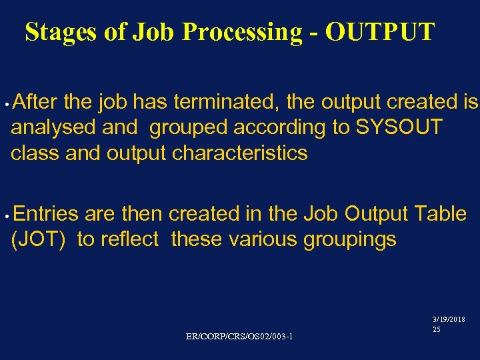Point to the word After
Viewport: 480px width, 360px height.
tap(37, 102)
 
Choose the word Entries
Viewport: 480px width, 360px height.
tap(45, 213)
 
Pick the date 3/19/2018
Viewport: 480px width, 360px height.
tap(449, 320)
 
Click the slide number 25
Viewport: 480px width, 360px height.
tap(436, 329)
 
